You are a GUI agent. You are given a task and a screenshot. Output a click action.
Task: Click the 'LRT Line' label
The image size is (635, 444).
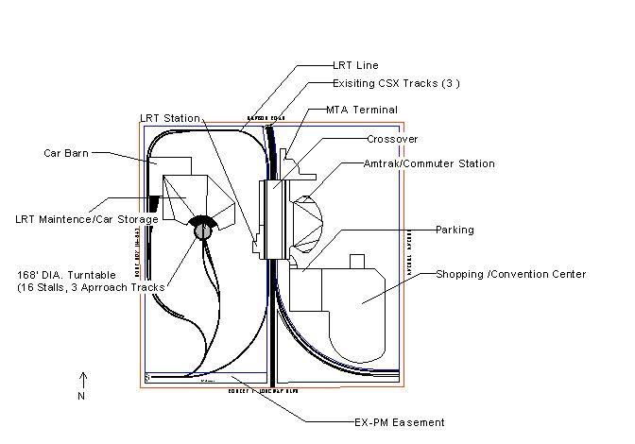click(x=355, y=66)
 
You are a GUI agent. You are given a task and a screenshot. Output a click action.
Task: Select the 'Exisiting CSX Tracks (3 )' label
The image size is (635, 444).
click(x=396, y=83)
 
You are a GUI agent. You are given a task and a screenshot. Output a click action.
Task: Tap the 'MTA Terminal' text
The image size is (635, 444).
click(x=361, y=110)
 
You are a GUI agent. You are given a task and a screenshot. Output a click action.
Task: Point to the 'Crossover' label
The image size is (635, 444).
click(x=392, y=139)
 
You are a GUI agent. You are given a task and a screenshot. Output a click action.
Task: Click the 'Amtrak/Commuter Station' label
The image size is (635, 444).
click(x=417, y=163)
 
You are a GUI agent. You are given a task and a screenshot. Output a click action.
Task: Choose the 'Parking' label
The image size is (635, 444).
click(x=455, y=230)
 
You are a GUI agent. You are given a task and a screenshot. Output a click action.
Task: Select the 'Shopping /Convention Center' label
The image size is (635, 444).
click(x=510, y=275)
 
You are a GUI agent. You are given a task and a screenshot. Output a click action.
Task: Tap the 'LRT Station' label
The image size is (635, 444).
click(x=169, y=118)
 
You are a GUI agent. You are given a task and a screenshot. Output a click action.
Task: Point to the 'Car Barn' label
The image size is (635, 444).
click(x=66, y=152)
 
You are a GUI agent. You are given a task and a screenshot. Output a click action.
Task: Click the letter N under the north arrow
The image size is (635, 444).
click(x=81, y=396)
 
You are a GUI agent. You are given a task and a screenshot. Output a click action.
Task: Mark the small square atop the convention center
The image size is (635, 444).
click(x=356, y=262)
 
